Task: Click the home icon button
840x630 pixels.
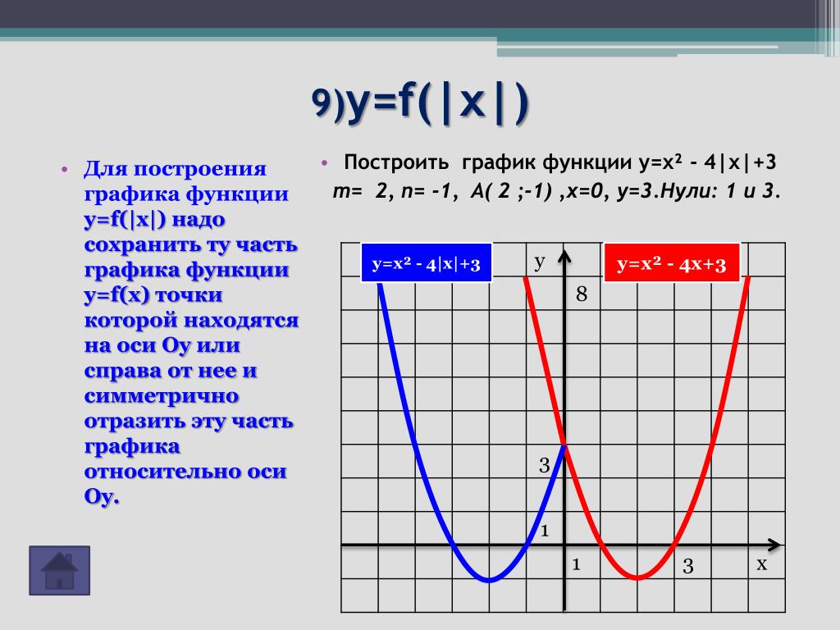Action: (x=59, y=571)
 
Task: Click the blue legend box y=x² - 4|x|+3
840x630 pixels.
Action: (x=427, y=262)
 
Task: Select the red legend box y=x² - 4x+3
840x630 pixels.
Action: (x=672, y=262)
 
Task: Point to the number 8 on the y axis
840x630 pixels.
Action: (x=582, y=294)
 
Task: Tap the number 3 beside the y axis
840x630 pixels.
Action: (x=545, y=465)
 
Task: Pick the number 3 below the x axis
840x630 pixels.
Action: (x=688, y=566)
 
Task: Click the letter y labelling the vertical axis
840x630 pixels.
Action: (x=540, y=262)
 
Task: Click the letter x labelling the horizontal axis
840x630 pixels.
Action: (x=762, y=564)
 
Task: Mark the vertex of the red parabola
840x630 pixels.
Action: (x=637, y=578)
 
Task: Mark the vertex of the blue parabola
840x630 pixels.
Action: (x=489, y=580)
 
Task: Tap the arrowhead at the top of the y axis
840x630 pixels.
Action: (x=564, y=256)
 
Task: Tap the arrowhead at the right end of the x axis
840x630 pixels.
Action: (x=774, y=546)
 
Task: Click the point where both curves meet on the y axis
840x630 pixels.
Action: (x=564, y=445)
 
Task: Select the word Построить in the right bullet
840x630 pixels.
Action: (x=396, y=162)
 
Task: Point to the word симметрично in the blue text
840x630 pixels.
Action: (x=162, y=396)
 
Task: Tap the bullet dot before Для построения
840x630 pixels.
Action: (x=64, y=170)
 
